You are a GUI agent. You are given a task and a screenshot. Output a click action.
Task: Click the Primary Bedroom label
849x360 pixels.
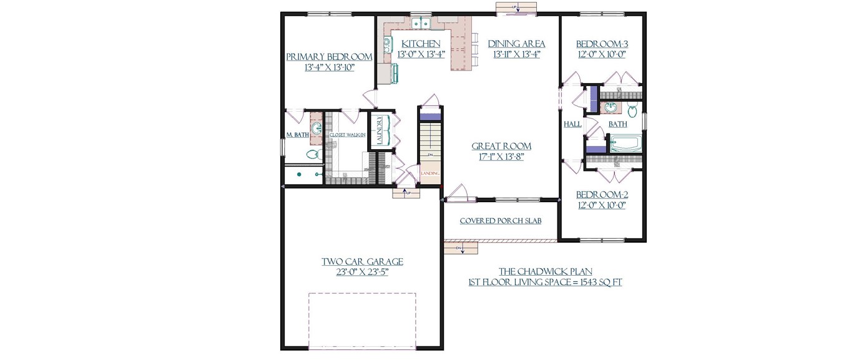coord(329,57)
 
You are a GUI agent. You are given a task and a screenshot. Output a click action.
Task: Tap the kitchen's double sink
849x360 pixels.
coord(423,24)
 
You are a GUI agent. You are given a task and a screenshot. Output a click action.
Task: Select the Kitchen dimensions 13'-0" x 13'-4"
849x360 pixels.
coord(421,54)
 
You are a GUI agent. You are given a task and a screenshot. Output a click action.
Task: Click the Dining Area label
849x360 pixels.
coord(516,44)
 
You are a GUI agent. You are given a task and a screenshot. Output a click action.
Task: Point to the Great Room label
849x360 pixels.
coord(501,146)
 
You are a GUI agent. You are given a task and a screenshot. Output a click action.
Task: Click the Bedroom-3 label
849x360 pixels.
coord(601,44)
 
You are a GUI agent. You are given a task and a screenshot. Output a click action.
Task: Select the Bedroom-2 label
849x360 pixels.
coord(601,195)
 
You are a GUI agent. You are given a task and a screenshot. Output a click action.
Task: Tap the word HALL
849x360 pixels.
coord(572,124)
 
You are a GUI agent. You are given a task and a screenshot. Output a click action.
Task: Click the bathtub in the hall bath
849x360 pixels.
coord(625,144)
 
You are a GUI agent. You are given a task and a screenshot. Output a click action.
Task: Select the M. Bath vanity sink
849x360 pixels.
coord(317,129)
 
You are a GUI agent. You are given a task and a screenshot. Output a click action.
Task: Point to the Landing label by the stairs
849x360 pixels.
coord(430,173)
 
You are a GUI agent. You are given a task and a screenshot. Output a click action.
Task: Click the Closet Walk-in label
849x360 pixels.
coord(347,135)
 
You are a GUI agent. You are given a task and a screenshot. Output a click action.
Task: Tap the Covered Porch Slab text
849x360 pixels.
coord(500,221)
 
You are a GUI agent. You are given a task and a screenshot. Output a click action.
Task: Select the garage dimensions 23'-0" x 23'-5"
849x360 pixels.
coord(362,272)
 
